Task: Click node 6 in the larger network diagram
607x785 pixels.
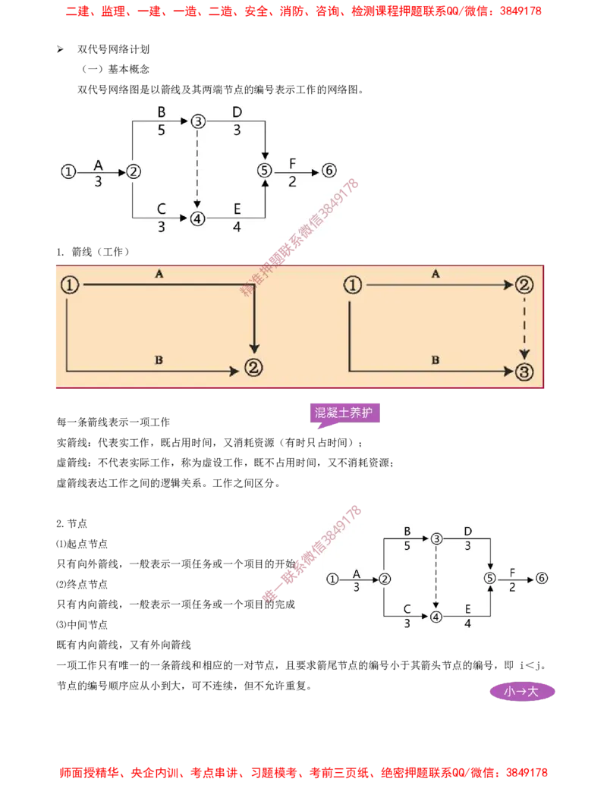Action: pos(329,171)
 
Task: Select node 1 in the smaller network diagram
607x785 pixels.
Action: pos(332,579)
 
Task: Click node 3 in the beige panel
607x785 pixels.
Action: pos(524,371)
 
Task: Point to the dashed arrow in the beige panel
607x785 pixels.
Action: pos(524,328)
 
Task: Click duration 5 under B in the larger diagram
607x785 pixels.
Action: pos(161,130)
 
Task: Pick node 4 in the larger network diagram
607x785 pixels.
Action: pos(197,219)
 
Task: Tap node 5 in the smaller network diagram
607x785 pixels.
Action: pos(489,579)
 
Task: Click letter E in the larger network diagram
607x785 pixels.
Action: pos(237,209)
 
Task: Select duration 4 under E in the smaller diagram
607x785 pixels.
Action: pos(467,623)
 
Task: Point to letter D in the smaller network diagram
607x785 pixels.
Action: pos(467,530)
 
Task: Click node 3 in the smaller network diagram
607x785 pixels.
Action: pos(436,539)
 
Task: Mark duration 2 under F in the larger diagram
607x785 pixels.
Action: pos(293,181)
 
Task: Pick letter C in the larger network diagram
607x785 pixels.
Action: pos(161,209)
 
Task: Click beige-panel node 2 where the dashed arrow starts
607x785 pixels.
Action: pos(524,285)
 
